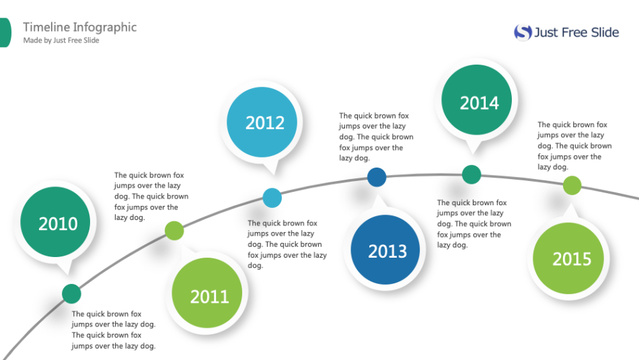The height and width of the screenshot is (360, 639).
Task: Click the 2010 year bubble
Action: point(55,222)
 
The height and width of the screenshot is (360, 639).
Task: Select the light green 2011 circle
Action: point(207,293)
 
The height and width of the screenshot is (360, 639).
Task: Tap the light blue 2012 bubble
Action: point(262,122)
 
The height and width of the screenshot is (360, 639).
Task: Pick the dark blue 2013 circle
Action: point(385,250)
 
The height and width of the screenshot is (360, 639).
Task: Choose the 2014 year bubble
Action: point(476,100)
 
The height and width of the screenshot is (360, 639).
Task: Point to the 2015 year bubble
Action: point(568,258)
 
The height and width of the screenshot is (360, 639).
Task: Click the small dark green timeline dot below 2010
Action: point(72,294)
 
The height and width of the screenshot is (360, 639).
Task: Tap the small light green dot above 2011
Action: point(174,231)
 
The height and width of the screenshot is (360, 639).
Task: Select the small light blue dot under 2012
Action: point(272,198)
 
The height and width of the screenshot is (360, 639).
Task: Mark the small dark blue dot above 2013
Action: point(377,178)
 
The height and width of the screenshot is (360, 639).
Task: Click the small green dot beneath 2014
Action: point(472,174)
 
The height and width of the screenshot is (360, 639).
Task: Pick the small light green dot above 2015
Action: point(572,186)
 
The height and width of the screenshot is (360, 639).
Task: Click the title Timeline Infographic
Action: point(80,28)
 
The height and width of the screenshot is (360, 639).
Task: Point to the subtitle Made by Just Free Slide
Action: point(61,40)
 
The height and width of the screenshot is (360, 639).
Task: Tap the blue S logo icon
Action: point(523,32)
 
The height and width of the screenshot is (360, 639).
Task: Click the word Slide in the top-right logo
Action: point(605,32)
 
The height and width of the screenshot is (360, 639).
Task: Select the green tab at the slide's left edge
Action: point(5,32)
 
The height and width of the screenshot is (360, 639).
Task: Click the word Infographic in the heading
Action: point(105,28)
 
